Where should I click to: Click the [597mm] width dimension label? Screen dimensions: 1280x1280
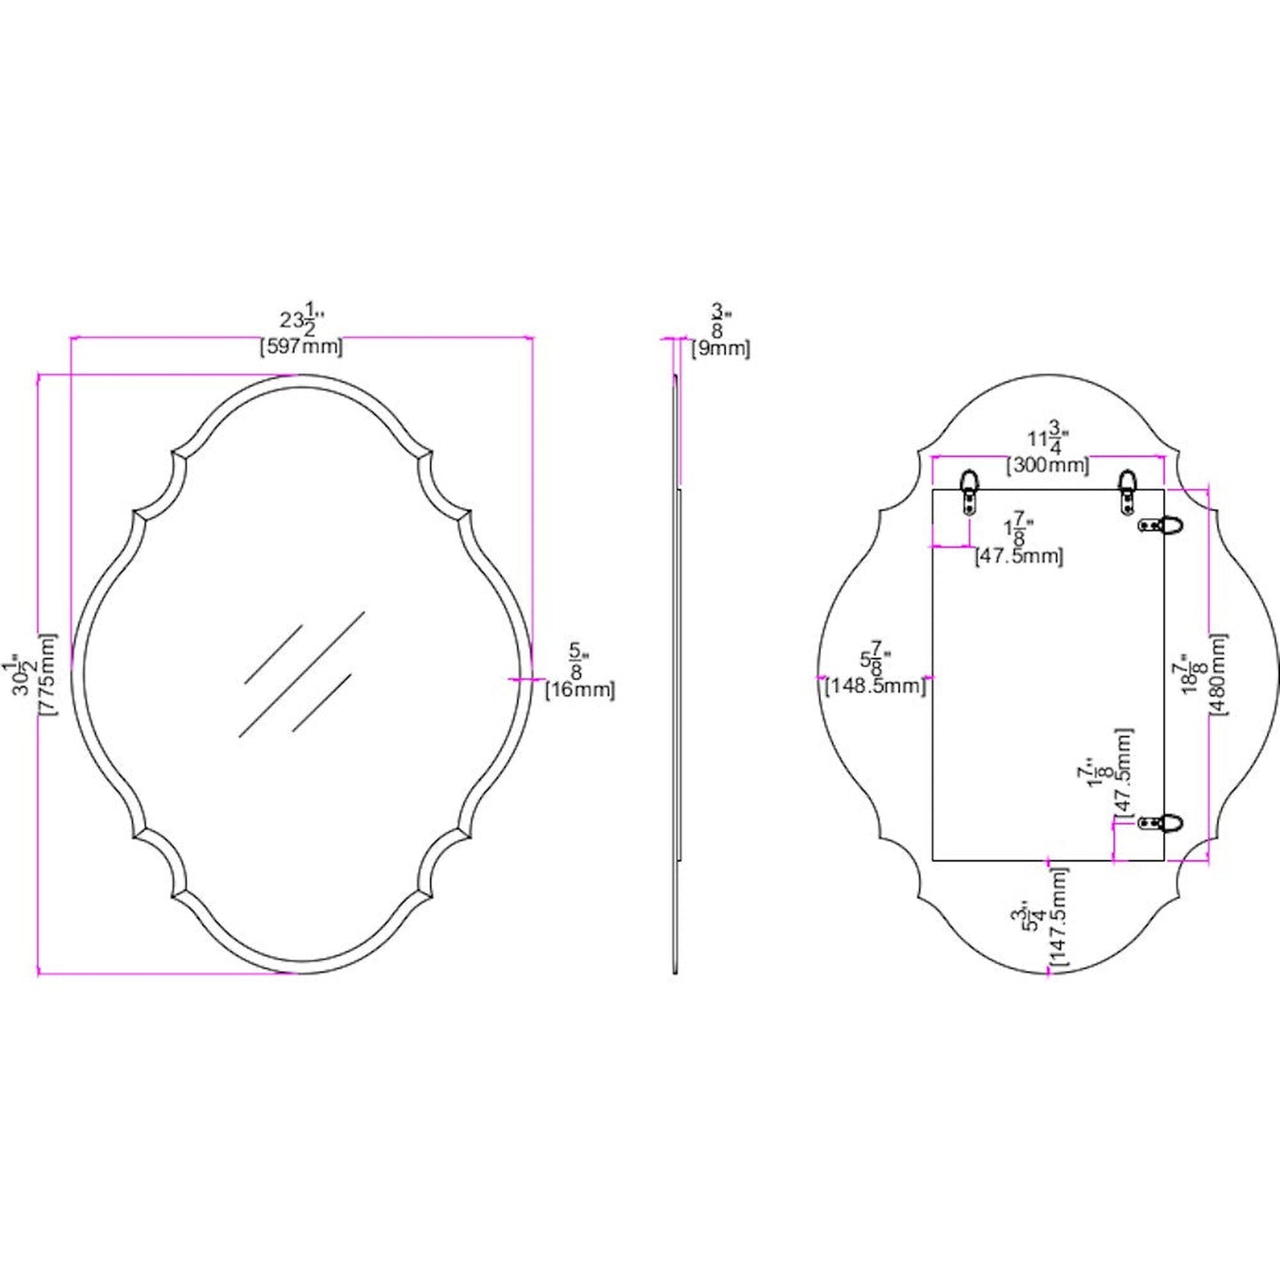coord(301,347)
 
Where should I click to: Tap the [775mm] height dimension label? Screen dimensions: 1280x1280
coord(49,675)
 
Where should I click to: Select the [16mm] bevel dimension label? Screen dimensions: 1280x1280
coord(579,689)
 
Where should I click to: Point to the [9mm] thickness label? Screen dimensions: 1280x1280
coord(721,349)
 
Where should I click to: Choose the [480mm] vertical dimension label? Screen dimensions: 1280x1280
coord(1219,675)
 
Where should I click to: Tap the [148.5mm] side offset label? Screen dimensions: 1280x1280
coord(875,685)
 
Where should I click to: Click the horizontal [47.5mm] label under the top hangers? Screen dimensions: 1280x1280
coord(1019,556)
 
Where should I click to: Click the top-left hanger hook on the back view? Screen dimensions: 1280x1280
coord(972,493)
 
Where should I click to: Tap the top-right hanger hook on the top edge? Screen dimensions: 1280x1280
coord(1127,493)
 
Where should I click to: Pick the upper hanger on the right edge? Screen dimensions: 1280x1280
coord(1160,524)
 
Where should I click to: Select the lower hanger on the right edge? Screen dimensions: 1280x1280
coord(1160,823)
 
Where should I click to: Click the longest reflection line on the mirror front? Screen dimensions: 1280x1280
coord(301,673)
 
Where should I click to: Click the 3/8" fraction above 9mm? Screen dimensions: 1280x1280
coord(718,321)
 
